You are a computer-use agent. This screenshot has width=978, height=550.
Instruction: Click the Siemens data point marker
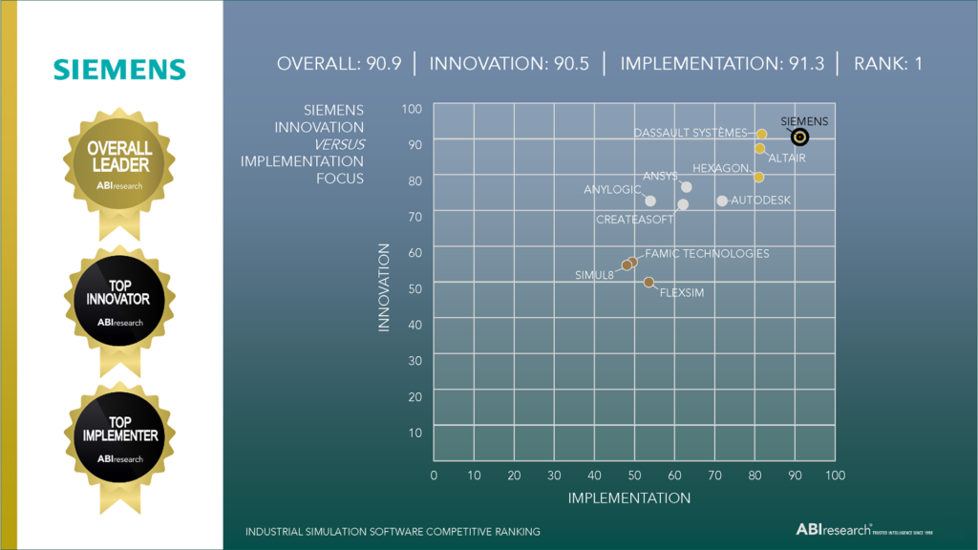tap(800, 137)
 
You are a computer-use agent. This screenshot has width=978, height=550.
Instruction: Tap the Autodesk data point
tap(722, 201)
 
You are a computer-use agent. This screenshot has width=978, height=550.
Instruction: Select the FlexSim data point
tap(648, 282)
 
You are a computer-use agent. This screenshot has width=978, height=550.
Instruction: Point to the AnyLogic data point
tap(650, 201)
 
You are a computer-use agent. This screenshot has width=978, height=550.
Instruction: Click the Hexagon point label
tap(721, 168)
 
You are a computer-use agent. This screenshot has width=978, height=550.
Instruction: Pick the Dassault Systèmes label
tap(690, 133)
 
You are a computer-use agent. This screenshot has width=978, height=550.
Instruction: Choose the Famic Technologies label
tap(707, 253)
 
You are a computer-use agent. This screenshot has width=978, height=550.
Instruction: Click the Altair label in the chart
tap(787, 158)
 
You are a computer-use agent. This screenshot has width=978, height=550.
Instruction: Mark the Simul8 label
tap(594, 275)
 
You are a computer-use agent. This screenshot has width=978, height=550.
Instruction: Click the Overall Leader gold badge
tap(119, 164)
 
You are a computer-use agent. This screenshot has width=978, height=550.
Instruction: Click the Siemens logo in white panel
tap(119, 69)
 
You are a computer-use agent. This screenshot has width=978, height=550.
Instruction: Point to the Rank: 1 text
tap(887, 64)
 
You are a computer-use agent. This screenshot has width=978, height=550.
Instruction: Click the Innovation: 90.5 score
tap(509, 64)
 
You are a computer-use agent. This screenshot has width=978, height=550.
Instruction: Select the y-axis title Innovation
tap(385, 287)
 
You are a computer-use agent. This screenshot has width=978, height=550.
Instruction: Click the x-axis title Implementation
tap(629, 497)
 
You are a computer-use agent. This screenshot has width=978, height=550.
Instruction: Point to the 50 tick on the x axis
tap(634, 475)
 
